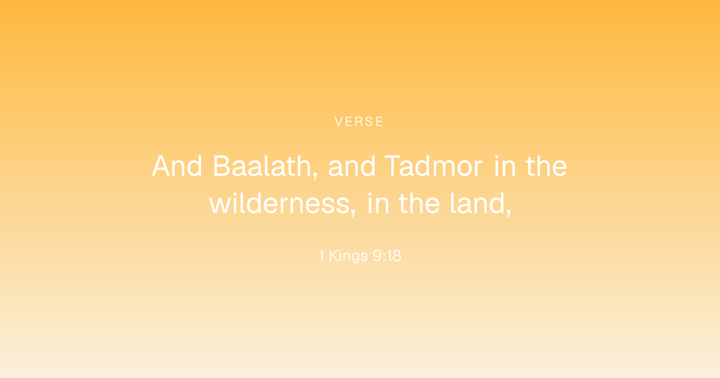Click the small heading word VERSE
(x=359, y=121)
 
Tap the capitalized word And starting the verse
(x=177, y=166)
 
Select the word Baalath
(x=262, y=166)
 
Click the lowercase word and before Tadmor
(x=352, y=166)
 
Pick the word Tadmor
(x=434, y=166)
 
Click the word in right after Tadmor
(x=505, y=166)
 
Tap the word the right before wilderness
(x=547, y=166)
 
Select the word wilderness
(x=280, y=203)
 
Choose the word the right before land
(x=419, y=203)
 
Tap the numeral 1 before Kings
(x=322, y=256)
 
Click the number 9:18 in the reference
(x=387, y=256)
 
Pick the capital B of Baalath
(x=222, y=166)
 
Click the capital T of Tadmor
(x=394, y=166)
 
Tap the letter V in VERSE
(x=339, y=121)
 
